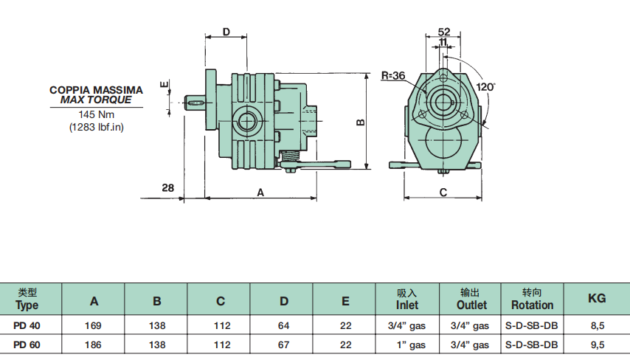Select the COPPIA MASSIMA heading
coord(97,89)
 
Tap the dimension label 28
coord(168,188)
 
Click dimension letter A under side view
coord(260,192)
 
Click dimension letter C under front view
coord(443,192)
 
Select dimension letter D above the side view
coord(226,32)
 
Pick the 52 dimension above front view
coord(443,32)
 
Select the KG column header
coord(597,298)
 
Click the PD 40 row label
coord(27,325)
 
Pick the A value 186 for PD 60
coord(94,345)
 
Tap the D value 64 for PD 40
coord(284,325)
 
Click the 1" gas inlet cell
coord(407,345)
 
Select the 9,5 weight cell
coord(597,345)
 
